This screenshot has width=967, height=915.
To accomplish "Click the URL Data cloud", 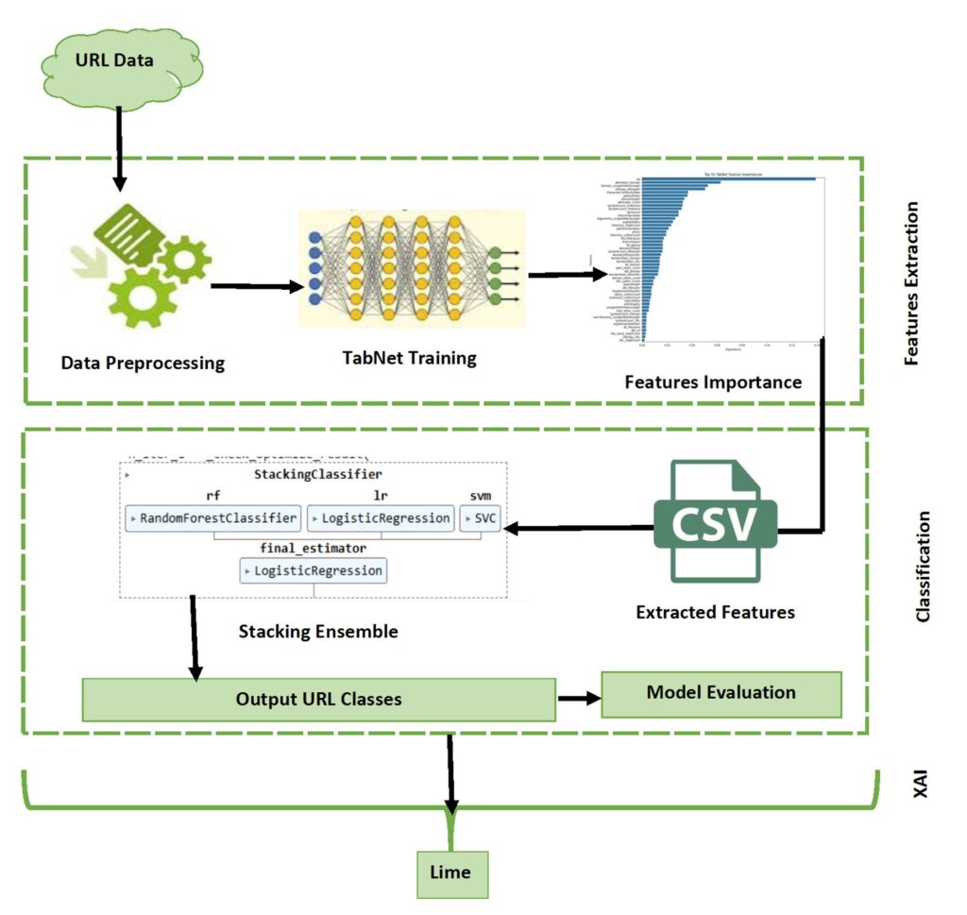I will click(121, 62).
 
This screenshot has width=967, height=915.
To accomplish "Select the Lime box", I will click(450, 873).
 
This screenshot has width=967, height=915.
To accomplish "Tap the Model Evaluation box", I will click(721, 693).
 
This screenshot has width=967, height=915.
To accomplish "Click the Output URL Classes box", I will click(318, 700).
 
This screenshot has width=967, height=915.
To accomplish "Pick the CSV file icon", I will click(714, 521).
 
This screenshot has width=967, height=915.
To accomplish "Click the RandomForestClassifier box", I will click(213, 517).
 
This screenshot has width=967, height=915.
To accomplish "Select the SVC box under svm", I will click(480, 517).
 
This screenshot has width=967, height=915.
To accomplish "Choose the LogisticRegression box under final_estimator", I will click(313, 570).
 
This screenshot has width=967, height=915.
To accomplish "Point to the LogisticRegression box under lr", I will click(381, 517).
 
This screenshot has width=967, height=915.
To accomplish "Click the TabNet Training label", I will click(410, 358).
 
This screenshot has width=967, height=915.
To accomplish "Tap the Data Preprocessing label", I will click(143, 363).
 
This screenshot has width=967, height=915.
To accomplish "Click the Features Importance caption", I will click(713, 382).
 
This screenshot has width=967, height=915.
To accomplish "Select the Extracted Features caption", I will click(715, 612).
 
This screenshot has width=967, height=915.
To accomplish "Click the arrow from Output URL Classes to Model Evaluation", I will click(578, 699).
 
